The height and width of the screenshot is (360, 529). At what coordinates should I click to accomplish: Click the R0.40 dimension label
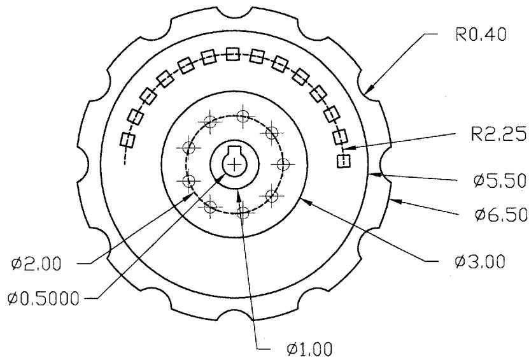tap(481, 35)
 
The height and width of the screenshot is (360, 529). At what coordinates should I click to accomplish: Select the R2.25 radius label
tap(498, 134)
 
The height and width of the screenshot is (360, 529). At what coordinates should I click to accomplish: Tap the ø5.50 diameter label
tap(500, 181)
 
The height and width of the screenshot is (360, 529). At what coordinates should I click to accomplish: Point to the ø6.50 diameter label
tap(501, 215)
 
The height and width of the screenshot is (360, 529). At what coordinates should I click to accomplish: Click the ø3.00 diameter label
tap(480, 262)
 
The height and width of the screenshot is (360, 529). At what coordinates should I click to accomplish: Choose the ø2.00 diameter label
tap(36, 263)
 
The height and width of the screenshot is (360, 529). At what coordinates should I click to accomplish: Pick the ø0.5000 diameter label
tap(43, 299)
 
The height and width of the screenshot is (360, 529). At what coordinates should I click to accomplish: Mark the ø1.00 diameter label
tap(309, 349)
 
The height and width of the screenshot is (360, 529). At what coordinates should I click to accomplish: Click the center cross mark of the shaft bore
tap(234, 164)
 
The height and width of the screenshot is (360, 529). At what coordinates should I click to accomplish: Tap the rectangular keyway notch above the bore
tap(234, 149)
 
